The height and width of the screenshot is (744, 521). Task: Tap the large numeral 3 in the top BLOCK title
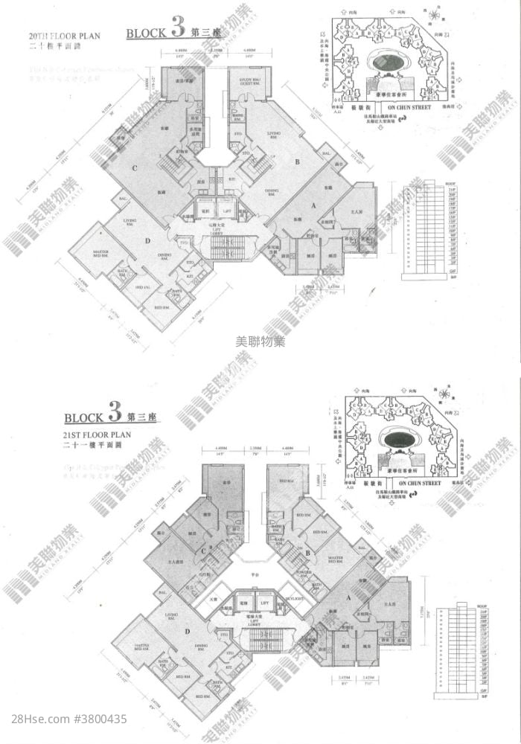click(176, 30)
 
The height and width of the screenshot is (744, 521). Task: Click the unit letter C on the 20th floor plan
click(135, 168)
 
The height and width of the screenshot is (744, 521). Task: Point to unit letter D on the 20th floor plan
click(148, 240)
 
